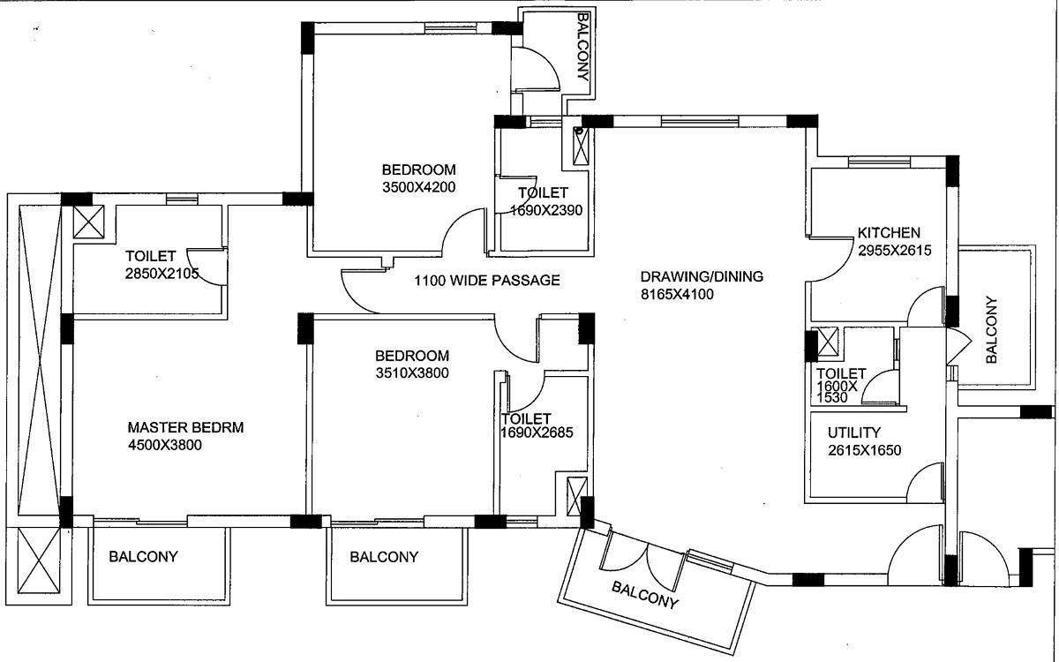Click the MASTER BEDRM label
(x=185, y=427)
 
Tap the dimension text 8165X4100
(x=677, y=294)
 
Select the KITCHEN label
(x=889, y=233)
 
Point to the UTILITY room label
(x=854, y=433)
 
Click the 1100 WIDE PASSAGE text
(x=487, y=281)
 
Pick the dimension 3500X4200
(x=419, y=187)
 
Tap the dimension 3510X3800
(x=412, y=373)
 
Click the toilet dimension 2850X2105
(x=161, y=274)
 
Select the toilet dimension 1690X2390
(x=546, y=210)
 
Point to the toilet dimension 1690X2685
(x=537, y=433)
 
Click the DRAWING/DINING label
(x=702, y=276)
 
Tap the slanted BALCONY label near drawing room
(x=645, y=594)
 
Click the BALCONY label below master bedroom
(x=143, y=557)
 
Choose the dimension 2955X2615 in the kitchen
(x=895, y=250)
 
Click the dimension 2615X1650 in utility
(x=864, y=449)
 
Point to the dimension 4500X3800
(x=164, y=445)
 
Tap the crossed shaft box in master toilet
(x=89, y=222)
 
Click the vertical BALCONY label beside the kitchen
(x=991, y=329)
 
